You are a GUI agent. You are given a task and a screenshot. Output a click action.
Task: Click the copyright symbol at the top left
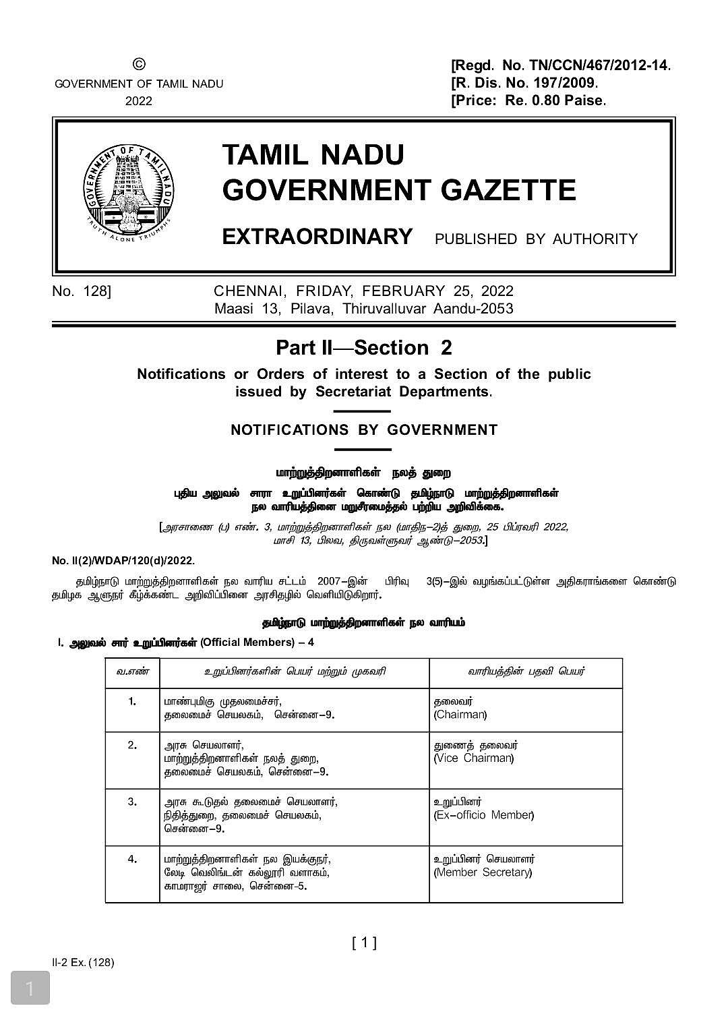138,65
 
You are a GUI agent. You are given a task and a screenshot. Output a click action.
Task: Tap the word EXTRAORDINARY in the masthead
317,237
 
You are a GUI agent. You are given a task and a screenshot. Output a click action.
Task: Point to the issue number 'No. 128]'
82,291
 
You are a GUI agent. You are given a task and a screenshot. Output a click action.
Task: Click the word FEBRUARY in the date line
403,291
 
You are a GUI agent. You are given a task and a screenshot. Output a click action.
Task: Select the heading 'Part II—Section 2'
364,348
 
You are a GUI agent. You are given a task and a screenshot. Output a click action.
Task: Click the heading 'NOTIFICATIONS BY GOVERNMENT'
364,430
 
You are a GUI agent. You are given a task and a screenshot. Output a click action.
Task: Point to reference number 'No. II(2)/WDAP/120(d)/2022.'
123,561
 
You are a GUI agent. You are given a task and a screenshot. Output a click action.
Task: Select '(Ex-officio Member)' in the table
483,815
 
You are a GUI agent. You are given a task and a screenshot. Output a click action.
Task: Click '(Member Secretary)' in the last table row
483,872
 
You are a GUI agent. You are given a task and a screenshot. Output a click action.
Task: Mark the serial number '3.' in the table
132,802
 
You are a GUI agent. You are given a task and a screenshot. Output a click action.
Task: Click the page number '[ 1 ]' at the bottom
364,943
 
